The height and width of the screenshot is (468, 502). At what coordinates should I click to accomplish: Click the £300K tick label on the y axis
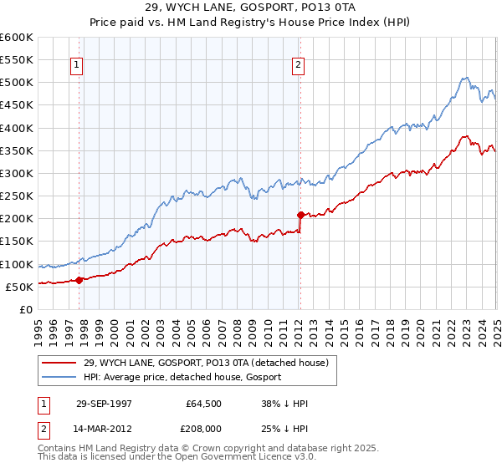16,174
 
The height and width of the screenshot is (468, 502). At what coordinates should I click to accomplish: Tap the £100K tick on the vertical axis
16,265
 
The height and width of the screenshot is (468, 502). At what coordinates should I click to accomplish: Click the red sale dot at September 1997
79,281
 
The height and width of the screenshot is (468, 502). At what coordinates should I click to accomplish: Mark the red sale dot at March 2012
300,216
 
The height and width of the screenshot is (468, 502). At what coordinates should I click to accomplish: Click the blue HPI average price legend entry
185,377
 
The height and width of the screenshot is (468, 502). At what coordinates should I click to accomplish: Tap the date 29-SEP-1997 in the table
105,404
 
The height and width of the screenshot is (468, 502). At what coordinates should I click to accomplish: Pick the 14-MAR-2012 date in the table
105,429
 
